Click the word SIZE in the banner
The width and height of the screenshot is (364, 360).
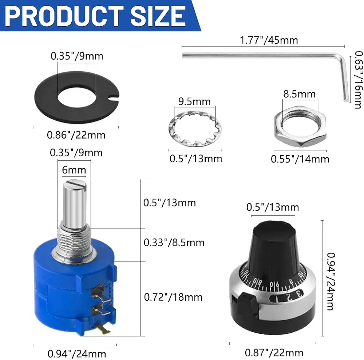tap(158, 16)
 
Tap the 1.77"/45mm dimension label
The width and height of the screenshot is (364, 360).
tap(269, 40)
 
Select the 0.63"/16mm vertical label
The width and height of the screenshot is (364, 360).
tap(359, 80)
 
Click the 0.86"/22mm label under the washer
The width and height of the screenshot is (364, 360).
tap(76, 135)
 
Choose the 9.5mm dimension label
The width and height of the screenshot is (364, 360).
tap(194, 101)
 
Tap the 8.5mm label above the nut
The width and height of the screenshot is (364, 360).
tap(300, 94)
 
